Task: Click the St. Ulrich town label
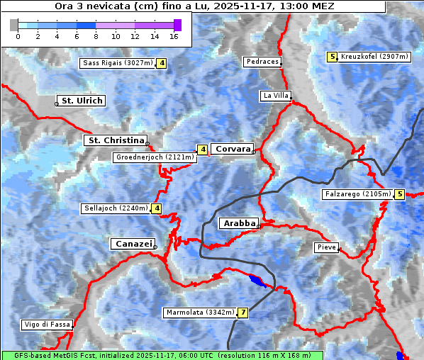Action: click(x=82, y=101)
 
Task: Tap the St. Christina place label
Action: click(x=115, y=140)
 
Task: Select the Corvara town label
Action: click(x=232, y=149)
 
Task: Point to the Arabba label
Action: click(x=239, y=223)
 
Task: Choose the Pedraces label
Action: click(x=262, y=62)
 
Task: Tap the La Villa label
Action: click(x=275, y=95)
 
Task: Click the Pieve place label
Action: click(x=326, y=247)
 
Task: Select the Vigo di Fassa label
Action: click(x=47, y=325)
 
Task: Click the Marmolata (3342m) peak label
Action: click(x=200, y=312)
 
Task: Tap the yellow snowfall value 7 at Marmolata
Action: click(x=243, y=312)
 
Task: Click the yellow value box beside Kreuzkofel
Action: click(x=332, y=56)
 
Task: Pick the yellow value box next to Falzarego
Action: click(x=400, y=193)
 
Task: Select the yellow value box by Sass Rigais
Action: click(x=162, y=63)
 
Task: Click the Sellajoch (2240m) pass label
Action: click(x=116, y=208)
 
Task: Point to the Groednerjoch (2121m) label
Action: click(x=154, y=157)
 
